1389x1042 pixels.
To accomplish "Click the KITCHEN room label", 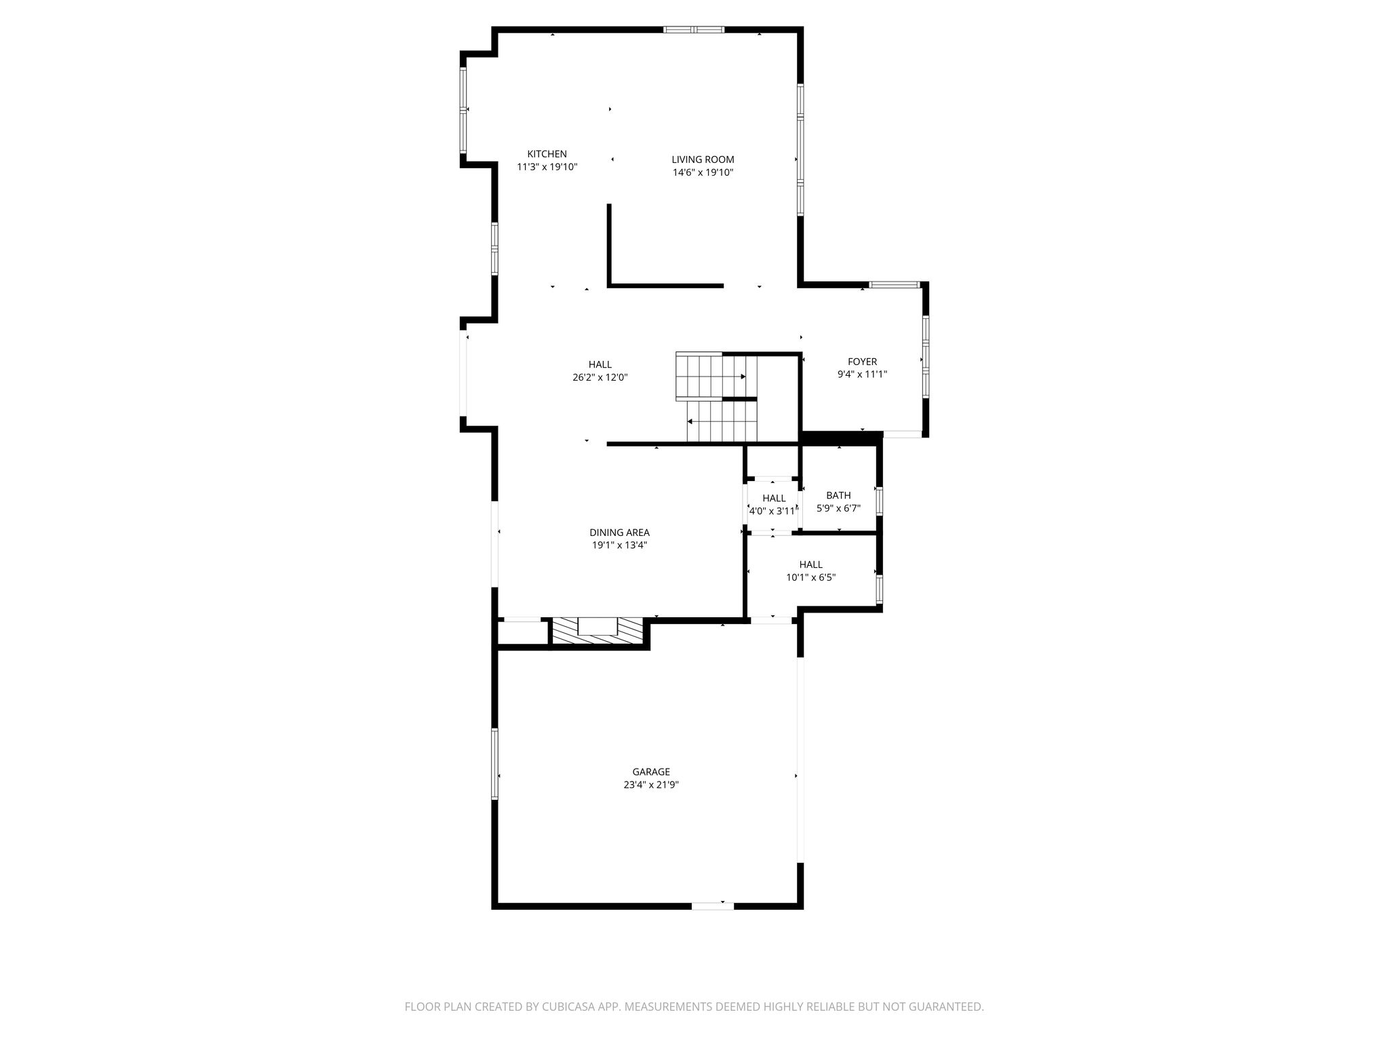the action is point(547,154).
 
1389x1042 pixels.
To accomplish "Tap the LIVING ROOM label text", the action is point(703,159).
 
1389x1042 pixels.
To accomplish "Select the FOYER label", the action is point(862,362).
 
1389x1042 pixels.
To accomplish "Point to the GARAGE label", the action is point(651,771).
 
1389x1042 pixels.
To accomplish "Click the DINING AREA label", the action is point(619,533).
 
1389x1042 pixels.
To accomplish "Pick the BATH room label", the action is point(838,495).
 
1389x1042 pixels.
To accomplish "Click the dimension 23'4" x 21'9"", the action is point(651,785).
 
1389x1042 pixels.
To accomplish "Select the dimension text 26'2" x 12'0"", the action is point(600,378).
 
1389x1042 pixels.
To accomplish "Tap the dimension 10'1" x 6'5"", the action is point(810,578).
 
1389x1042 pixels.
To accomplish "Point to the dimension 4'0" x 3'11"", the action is point(772,512).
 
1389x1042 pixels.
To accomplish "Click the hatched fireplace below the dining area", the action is point(597,630).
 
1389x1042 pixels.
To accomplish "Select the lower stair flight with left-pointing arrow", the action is point(722,421).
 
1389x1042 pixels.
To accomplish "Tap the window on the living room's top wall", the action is point(694,30).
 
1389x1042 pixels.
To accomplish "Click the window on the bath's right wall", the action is point(879,501).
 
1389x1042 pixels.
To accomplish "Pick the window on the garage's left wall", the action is point(494,763).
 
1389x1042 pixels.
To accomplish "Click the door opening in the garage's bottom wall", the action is point(713,906).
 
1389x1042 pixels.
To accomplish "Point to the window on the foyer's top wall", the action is point(895,284).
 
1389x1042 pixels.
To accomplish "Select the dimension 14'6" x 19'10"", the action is point(703,173).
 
